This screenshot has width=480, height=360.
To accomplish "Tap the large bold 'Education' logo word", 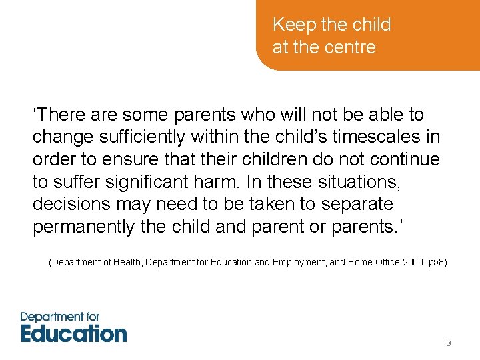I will (x=73, y=332).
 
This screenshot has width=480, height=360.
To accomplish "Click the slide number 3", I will (x=449, y=343).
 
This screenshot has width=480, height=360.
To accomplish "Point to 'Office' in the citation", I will (x=386, y=263).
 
